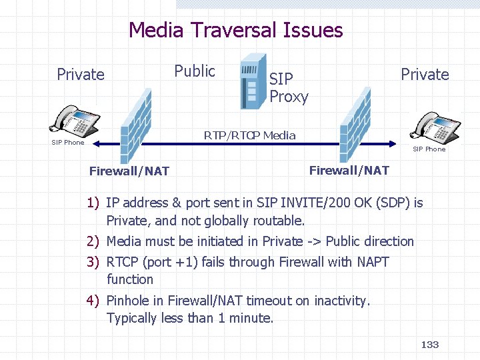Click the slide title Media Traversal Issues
235,31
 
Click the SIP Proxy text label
289,87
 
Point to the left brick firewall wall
135,127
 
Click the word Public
195,71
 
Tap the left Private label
81,75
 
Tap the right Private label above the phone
425,75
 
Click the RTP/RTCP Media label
249,136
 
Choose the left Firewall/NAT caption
129,171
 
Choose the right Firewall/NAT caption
349,171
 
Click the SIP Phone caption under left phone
68,142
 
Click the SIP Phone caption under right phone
429,149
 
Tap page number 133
430,345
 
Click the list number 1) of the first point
93,203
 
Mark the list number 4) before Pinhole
93,301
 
